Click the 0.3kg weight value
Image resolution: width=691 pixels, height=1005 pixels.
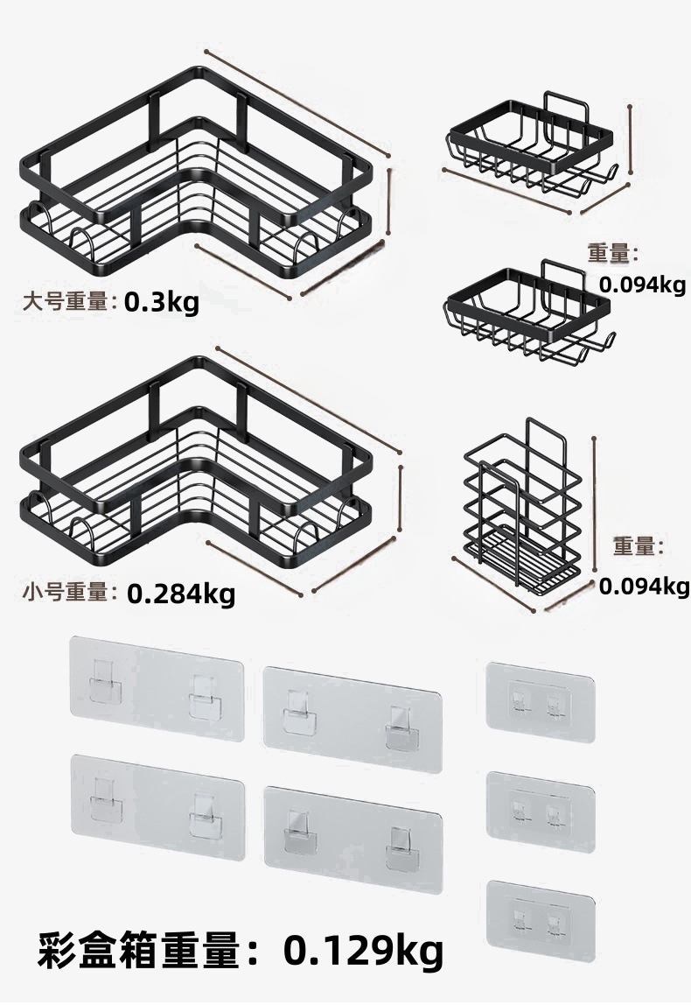point(162,303)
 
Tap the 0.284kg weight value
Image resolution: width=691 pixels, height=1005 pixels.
point(181,594)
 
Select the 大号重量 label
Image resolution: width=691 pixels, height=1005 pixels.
point(68,302)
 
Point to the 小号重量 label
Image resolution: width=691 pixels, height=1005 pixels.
point(68,594)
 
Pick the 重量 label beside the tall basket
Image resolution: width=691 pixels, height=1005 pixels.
point(638,546)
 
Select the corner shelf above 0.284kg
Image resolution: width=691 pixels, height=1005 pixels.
point(197,473)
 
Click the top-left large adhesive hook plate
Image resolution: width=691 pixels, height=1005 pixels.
point(156,689)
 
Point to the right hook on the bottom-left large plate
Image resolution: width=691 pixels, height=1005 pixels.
point(204,813)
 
